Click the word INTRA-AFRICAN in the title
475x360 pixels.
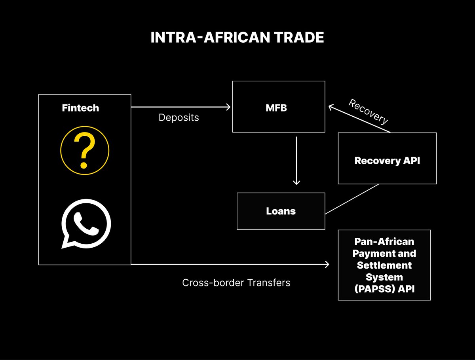[206, 38]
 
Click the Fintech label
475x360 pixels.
[80, 108]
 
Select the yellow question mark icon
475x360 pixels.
[84, 151]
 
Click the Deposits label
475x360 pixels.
[179, 117]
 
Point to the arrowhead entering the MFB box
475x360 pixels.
[228, 107]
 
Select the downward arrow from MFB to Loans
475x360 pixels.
[296, 160]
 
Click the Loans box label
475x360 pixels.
[281, 211]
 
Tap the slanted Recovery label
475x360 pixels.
[368, 112]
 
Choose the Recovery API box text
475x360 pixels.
[387, 161]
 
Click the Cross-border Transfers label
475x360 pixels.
[236, 283]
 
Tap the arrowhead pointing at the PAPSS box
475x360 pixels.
[327, 264]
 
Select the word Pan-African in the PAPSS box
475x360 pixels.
[384, 241]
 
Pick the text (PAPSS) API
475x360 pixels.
[384, 289]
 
